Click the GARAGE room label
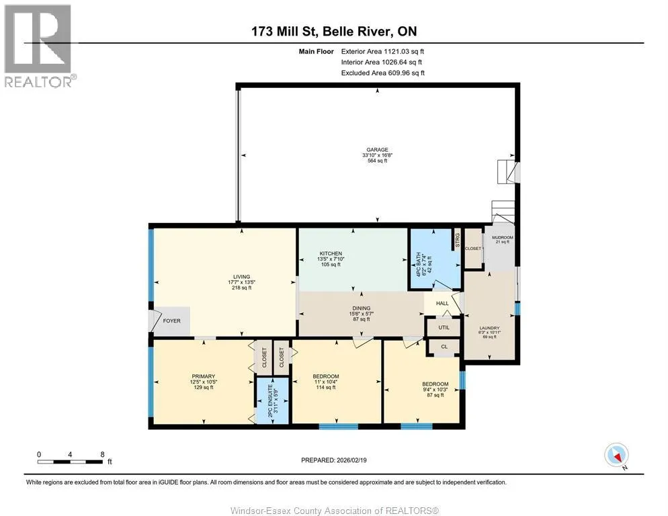[x=378, y=150]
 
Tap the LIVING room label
[x=241, y=277]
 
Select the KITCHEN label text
[x=331, y=253]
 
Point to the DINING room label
[x=362, y=308]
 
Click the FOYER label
[x=171, y=321]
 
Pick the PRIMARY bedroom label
[x=203, y=376]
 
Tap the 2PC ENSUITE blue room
[x=272, y=400]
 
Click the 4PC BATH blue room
[x=435, y=259]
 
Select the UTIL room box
[x=444, y=327]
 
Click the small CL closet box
[x=444, y=347]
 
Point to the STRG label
[x=458, y=240]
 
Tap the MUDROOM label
[x=502, y=237]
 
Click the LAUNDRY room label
[x=489, y=328]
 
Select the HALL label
[x=442, y=304]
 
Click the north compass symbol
[x=616, y=455]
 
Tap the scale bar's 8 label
[x=102, y=454]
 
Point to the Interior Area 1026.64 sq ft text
[x=381, y=62]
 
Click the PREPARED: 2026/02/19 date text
[x=333, y=460]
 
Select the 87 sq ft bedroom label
[x=435, y=395]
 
